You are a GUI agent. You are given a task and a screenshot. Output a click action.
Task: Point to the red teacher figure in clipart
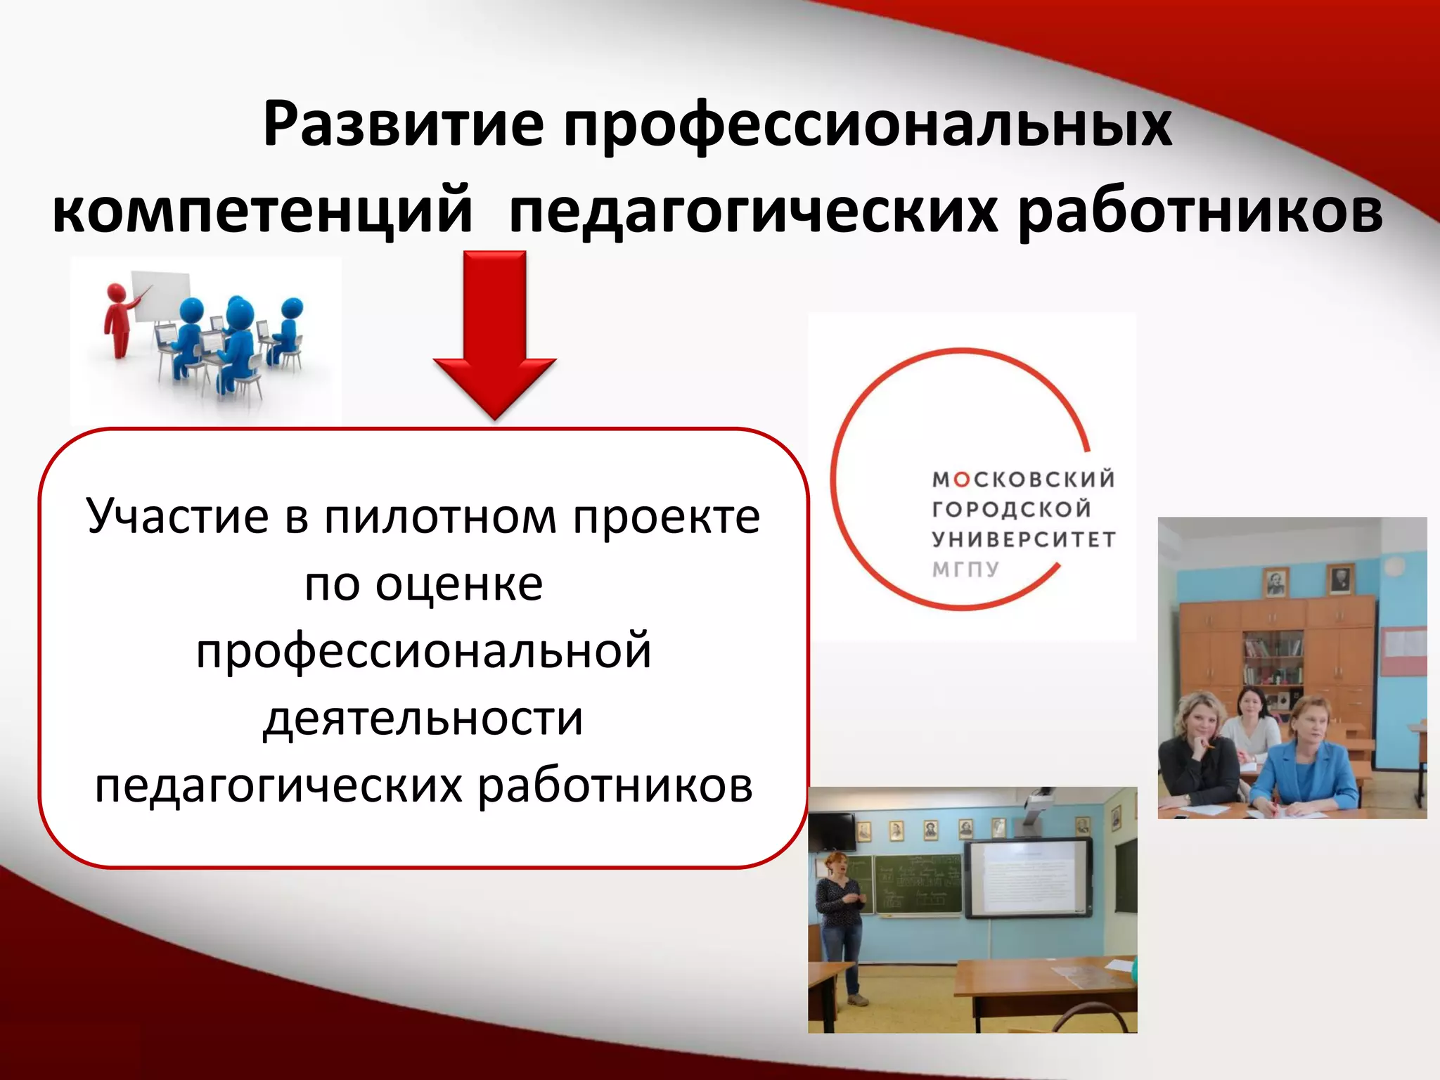point(118,320)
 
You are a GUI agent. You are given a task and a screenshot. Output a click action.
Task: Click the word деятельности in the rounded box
point(423,719)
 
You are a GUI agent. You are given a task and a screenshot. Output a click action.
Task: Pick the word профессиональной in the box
point(423,651)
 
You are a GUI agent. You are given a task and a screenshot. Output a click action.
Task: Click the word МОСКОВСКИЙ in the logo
point(1024,480)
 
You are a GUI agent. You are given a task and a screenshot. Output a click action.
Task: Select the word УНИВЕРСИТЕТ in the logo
point(1024,539)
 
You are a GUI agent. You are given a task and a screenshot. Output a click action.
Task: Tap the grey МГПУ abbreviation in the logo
point(965,569)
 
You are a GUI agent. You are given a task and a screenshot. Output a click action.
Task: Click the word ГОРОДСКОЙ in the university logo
point(1011,509)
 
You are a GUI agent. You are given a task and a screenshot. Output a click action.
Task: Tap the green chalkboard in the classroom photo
point(918,883)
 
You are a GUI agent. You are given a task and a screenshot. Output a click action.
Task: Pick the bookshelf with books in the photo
point(1273,657)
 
